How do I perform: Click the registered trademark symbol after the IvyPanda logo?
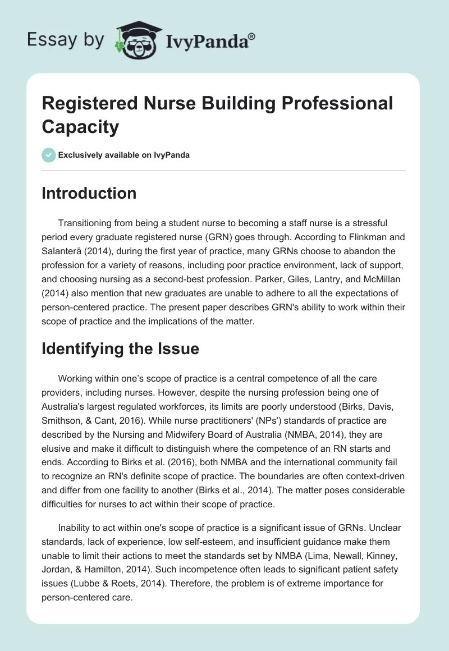pyautogui.click(x=252, y=36)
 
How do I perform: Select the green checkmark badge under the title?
pyautogui.click(x=49, y=155)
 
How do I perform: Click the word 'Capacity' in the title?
pyautogui.click(x=80, y=126)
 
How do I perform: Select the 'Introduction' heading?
pyautogui.click(x=89, y=193)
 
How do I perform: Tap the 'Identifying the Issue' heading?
pyautogui.click(x=120, y=349)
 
